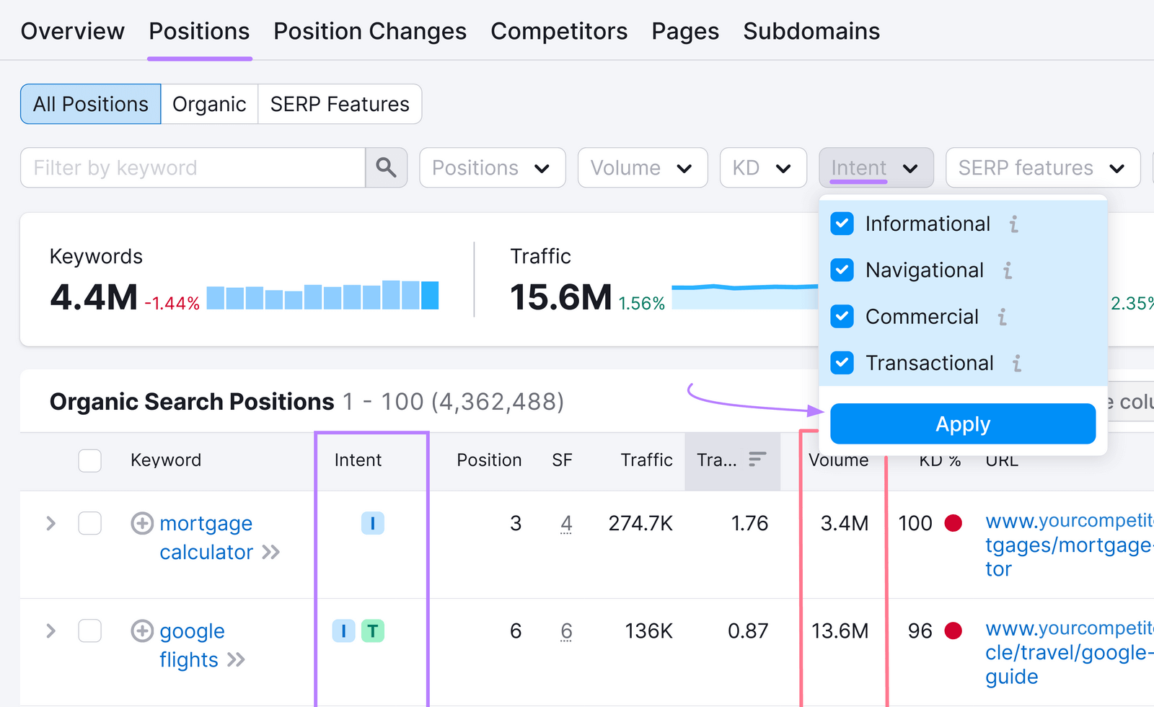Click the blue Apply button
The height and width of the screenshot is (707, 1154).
click(x=962, y=424)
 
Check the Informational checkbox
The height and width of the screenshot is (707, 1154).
click(x=842, y=224)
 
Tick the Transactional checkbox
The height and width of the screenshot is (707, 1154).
click(x=842, y=363)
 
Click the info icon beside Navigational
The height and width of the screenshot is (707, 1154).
click(x=1008, y=271)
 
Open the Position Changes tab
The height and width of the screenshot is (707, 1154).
click(x=369, y=32)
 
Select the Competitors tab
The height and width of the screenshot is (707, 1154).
click(x=558, y=32)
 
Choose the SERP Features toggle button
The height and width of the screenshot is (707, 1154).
click(x=340, y=105)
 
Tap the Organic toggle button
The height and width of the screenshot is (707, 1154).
click(x=209, y=105)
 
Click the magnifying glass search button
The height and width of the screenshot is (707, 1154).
click(x=386, y=168)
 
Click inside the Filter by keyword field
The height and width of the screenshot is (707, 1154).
click(x=192, y=168)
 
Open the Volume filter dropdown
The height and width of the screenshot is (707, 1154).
click(x=642, y=168)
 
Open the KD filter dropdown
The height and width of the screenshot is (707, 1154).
click(x=762, y=168)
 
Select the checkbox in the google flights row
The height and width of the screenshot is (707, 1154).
click(x=89, y=631)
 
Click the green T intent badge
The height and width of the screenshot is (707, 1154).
click(x=372, y=631)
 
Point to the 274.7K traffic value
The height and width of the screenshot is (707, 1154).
click(x=640, y=524)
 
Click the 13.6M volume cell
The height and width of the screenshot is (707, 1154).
click(x=840, y=631)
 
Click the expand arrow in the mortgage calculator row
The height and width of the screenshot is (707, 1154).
click(x=50, y=524)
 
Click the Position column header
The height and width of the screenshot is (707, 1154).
click(x=488, y=460)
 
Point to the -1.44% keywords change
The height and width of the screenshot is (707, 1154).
click(x=172, y=304)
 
